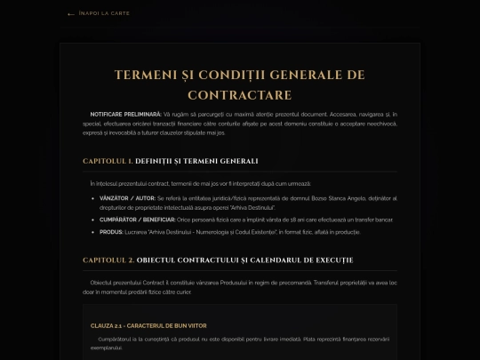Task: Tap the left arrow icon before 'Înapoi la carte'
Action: pyautogui.click(x=72, y=14)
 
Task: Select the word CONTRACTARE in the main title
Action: pyautogui.click(x=240, y=94)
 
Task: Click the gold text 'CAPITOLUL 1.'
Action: pyautogui.click(x=108, y=161)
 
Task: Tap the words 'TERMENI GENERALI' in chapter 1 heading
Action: pyautogui.click(x=221, y=161)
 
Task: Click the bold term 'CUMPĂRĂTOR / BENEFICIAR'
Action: pyautogui.click(x=138, y=219)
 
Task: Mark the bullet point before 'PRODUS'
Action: pyautogui.click(x=93, y=232)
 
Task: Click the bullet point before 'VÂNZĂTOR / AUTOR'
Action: pyautogui.click(x=93, y=198)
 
